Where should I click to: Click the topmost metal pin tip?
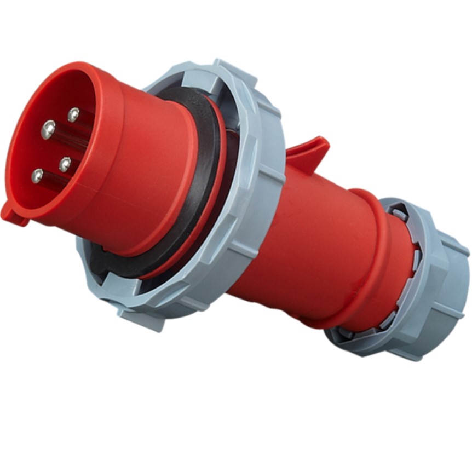click(x=73, y=114)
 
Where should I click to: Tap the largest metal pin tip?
click(x=48, y=130)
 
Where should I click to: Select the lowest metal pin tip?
click(x=37, y=176)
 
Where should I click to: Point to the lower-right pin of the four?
click(x=65, y=164)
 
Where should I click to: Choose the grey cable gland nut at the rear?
click(x=433, y=285)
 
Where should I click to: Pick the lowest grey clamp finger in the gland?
click(x=346, y=332)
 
